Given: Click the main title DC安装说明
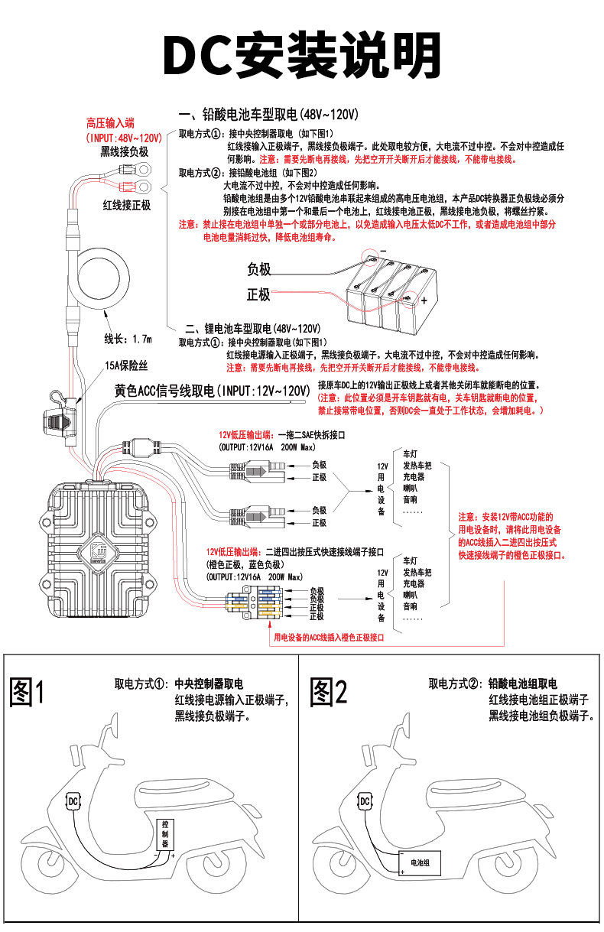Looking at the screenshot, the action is click(301, 56).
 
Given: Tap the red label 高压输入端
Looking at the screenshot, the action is click(110, 123).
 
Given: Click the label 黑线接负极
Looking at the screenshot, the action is click(124, 151).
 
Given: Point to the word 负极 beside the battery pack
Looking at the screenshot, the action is click(258, 269).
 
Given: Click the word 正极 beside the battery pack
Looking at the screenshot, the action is click(258, 294).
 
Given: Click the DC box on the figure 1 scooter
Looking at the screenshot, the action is click(73, 801).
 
